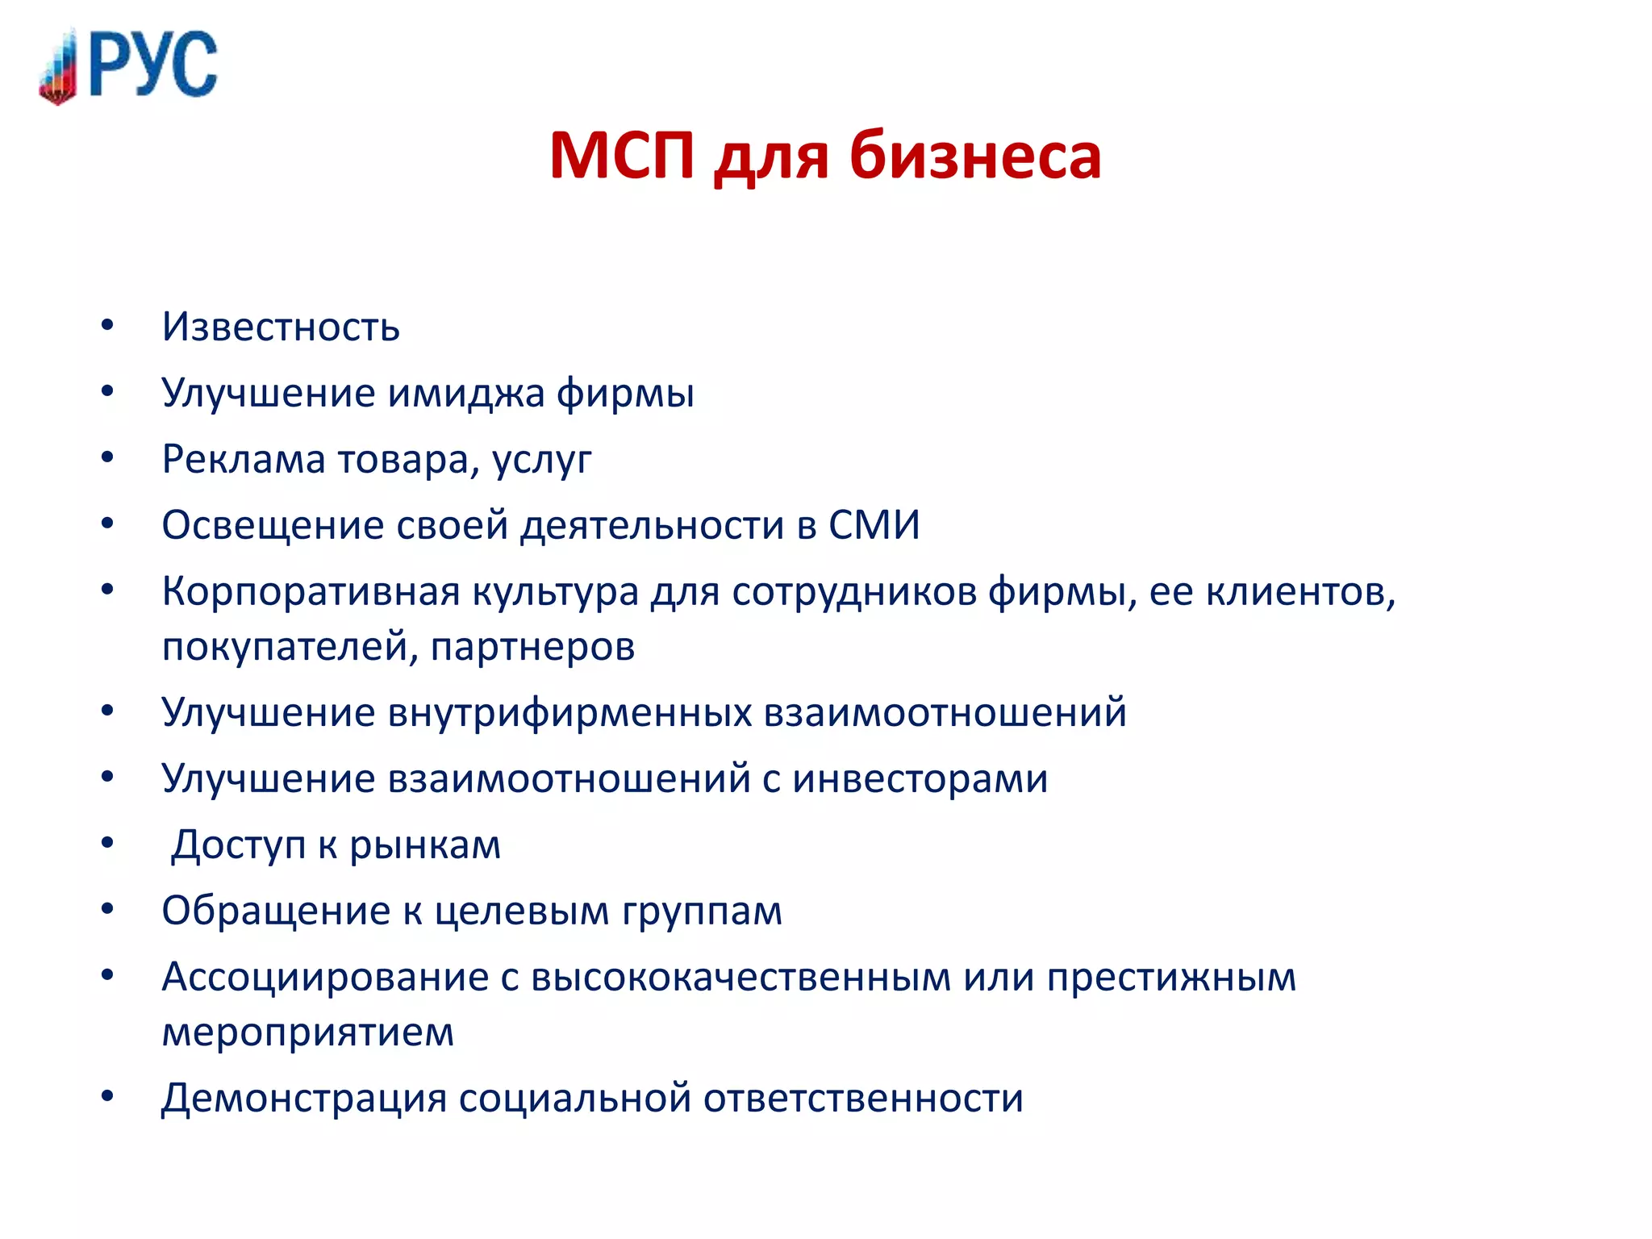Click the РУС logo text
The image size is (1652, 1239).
click(153, 65)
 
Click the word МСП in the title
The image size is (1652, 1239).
click(621, 155)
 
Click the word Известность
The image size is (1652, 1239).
click(281, 327)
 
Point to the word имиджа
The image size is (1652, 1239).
click(466, 394)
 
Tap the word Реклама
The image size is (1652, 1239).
click(243, 460)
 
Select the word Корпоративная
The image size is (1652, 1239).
click(311, 592)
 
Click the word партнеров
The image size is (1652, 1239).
click(532, 647)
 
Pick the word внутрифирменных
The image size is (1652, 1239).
click(569, 713)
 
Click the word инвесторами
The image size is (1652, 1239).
click(920, 779)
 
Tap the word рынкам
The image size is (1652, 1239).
click(425, 845)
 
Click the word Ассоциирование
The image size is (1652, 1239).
click(325, 978)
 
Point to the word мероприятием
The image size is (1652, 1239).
click(308, 1032)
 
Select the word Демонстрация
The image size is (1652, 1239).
click(303, 1099)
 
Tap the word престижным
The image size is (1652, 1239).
click(1171, 978)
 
